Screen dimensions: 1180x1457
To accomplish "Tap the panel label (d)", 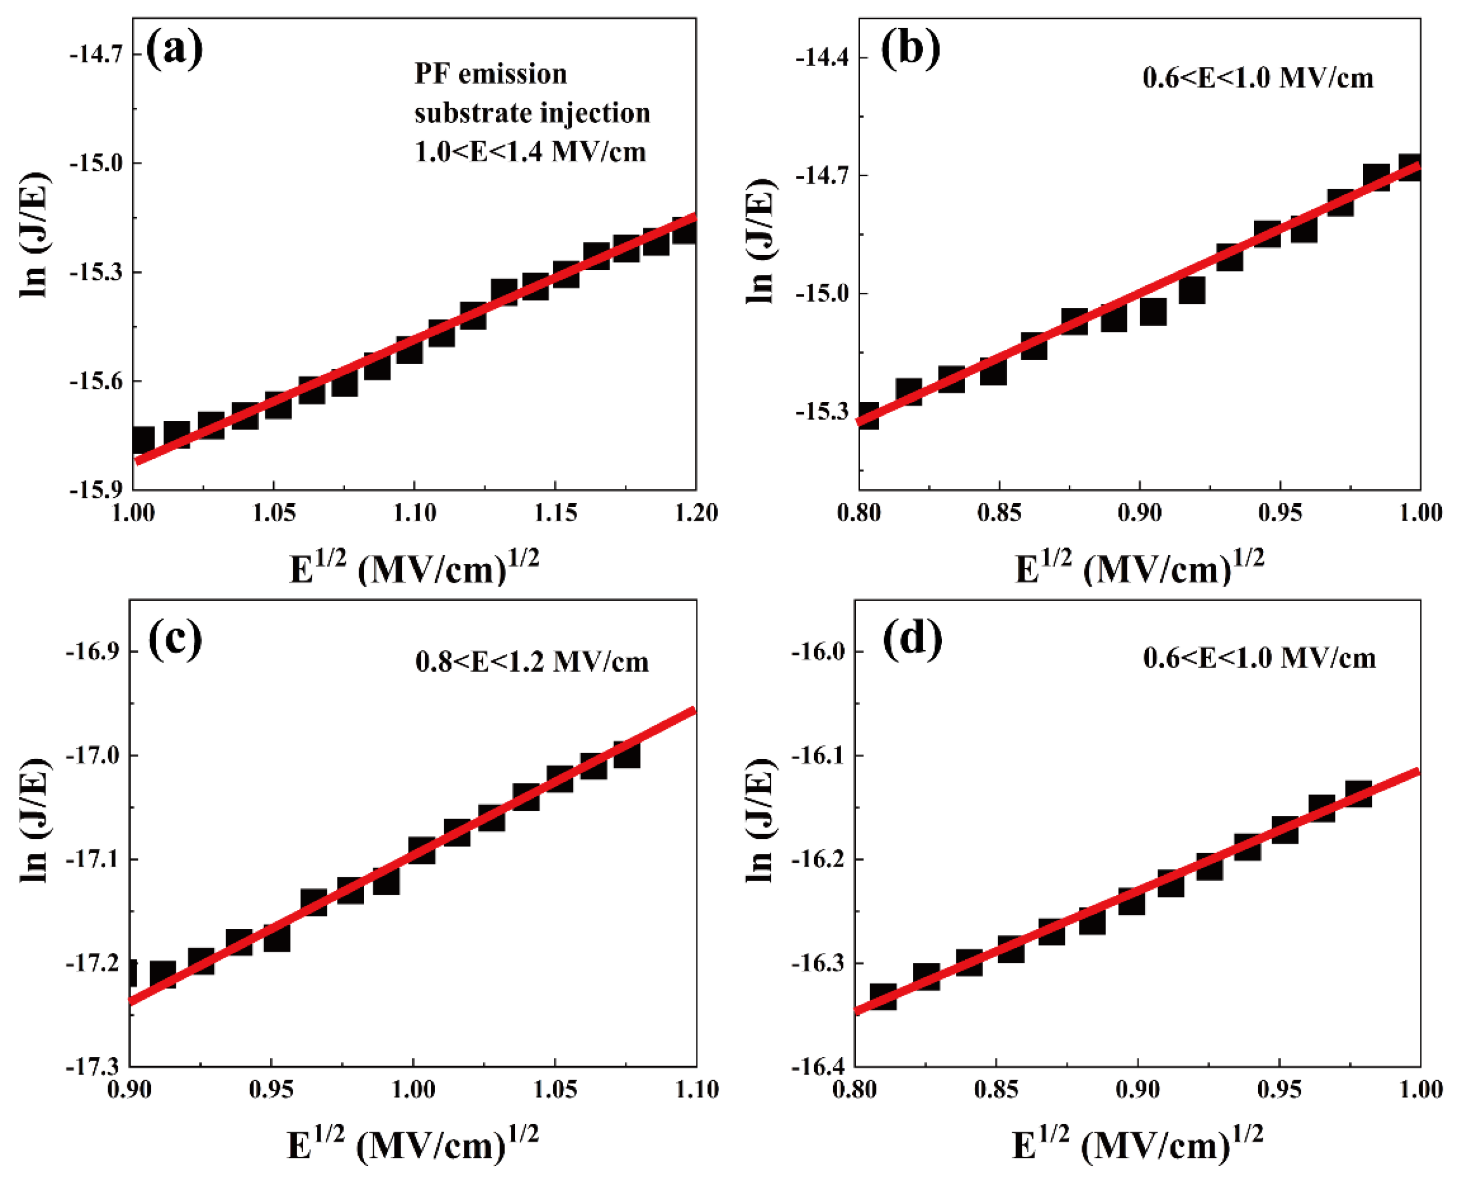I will (912, 638).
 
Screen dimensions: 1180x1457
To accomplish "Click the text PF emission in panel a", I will (490, 73).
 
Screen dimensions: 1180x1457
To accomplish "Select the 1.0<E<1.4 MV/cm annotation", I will (531, 152).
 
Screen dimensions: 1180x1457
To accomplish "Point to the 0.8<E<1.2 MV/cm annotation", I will (532, 662).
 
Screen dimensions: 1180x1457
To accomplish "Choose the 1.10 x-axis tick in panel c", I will (696, 1089).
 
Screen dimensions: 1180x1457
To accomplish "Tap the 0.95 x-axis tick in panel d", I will (1279, 1089).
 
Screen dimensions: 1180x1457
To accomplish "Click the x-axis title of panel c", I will (413, 1145).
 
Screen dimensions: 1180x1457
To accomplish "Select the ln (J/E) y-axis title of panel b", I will (759, 241).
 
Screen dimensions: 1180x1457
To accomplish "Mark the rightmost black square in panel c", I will (626, 754).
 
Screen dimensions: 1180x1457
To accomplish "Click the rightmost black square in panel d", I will (1358, 794).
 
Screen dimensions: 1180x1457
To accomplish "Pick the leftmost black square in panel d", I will (883, 997).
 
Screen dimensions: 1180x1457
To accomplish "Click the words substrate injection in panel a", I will (532, 113).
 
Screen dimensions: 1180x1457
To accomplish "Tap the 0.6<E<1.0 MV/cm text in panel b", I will (1258, 78).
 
